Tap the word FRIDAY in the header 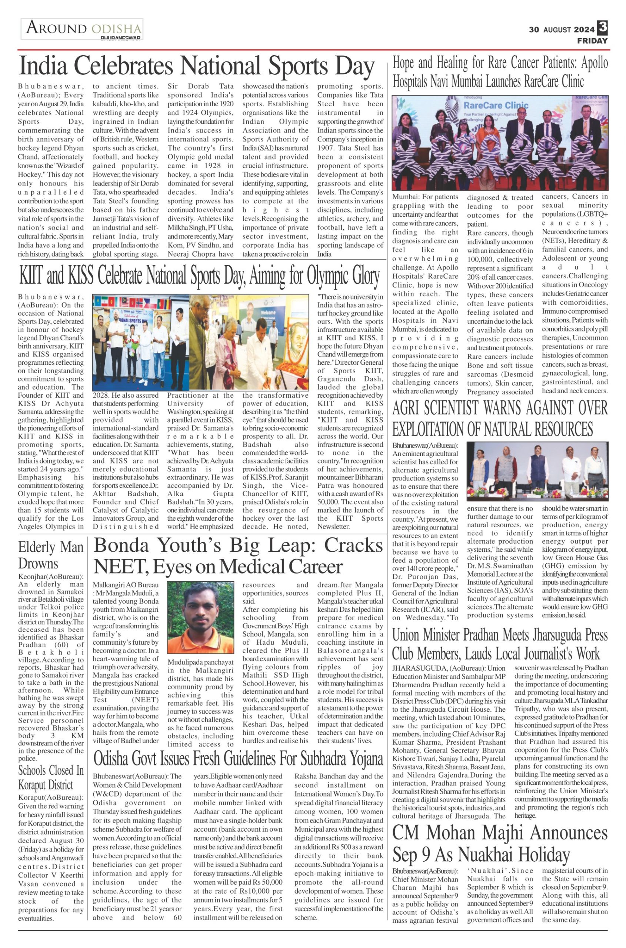tap(592, 41)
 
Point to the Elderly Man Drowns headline tap(51, 555)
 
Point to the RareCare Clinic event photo tap(500, 143)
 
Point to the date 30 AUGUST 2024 tap(561, 30)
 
